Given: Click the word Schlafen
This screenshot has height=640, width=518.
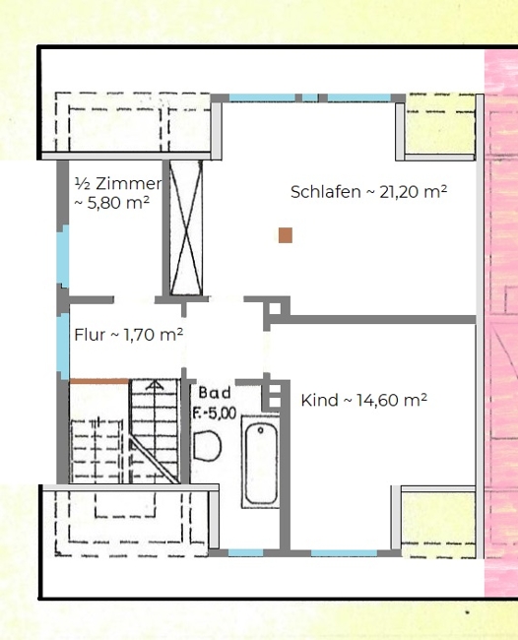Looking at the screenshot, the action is [x=325, y=192].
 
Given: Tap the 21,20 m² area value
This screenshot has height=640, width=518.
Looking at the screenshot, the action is [x=413, y=191].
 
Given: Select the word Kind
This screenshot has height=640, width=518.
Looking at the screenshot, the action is [x=319, y=400].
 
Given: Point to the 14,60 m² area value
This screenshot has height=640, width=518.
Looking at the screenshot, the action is [x=392, y=400].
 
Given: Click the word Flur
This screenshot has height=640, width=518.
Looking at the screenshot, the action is [x=90, y=335].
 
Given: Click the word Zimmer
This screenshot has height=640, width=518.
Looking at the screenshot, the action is [x=129, y=184].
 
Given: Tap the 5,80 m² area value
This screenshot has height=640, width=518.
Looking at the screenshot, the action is [x=118, y=203].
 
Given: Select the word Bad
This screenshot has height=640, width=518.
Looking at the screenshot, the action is [x=215, y=393].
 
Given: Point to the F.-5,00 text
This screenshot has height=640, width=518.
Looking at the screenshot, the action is [x=215, y=414].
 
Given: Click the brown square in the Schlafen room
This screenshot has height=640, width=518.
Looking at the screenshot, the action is [x=286, y=235].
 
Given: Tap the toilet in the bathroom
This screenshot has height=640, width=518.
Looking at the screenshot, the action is [x=207, y=446].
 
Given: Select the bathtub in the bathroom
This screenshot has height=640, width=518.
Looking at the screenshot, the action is [x=260, y=462].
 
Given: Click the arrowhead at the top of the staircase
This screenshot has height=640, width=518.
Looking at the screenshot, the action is [x=155, y=385].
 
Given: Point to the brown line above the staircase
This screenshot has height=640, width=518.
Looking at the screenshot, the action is [x=99, y=382].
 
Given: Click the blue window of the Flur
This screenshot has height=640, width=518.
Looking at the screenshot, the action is [x=63, y=347].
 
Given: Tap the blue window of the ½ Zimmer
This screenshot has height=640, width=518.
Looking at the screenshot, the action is [x=63, y=256].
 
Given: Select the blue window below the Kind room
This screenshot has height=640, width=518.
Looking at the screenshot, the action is [x=344, y=553].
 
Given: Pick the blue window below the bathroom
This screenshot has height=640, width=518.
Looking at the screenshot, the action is [x=245, y=553].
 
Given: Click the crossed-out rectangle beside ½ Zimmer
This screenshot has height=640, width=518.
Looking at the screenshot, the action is [x=186, y=227].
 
